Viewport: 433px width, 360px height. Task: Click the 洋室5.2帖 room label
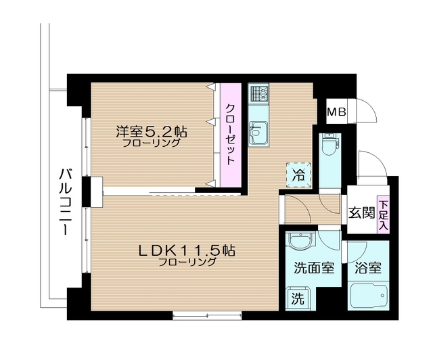[x=151, y=129]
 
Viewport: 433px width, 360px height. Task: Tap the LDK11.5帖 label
[x=186, y=249]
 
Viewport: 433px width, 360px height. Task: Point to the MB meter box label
[x=336, y=112]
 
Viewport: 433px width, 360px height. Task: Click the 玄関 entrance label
[x=361, y=212]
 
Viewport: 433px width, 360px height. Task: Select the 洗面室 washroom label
[x=313, y=267]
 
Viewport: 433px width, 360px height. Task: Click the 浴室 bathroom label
[x=369, y=267]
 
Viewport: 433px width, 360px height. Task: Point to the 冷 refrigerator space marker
[x=298, y=173]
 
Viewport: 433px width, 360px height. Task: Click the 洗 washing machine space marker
[x=297, y=296]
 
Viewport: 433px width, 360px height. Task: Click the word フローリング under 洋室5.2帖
[x=152, y=143]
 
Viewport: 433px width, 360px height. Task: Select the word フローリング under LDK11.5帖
[x=187, y=262]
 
